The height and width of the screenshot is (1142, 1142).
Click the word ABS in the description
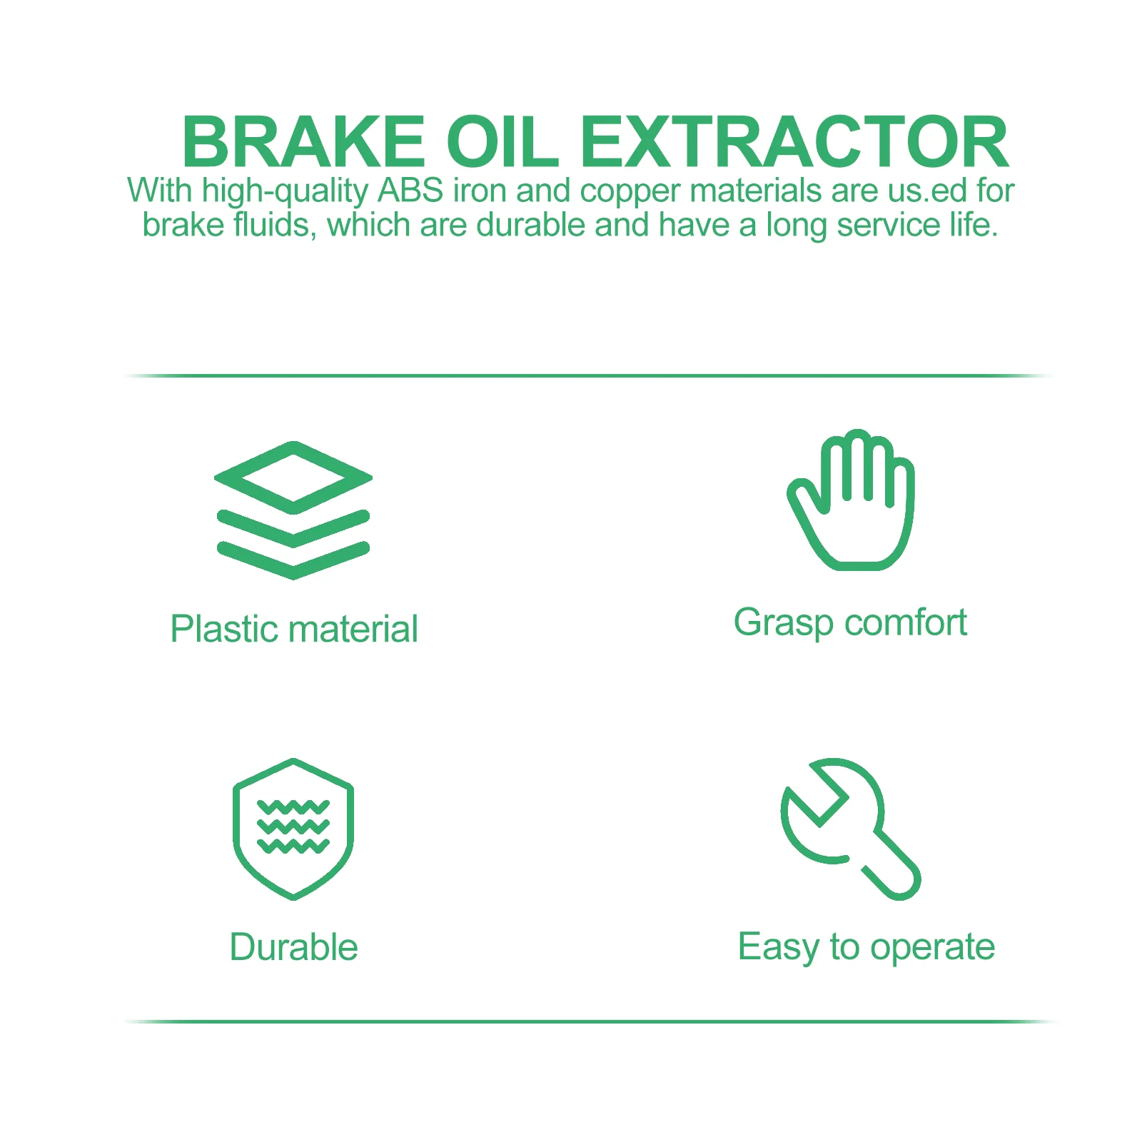coord(410,191)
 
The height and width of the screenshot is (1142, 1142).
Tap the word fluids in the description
coord(275,226)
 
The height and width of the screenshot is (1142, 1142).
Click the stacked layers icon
coord(293,510)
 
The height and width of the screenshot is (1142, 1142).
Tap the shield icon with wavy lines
coord(293,829)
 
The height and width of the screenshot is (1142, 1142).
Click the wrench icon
coord(849,828)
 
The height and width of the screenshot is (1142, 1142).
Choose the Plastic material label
coord(294,629)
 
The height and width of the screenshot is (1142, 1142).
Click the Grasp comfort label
coord(850,622)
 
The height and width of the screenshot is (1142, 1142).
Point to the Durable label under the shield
coord(293,947)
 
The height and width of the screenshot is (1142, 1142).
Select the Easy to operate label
coord(866,948)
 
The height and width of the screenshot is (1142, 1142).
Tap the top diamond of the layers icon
coord(293,477)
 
